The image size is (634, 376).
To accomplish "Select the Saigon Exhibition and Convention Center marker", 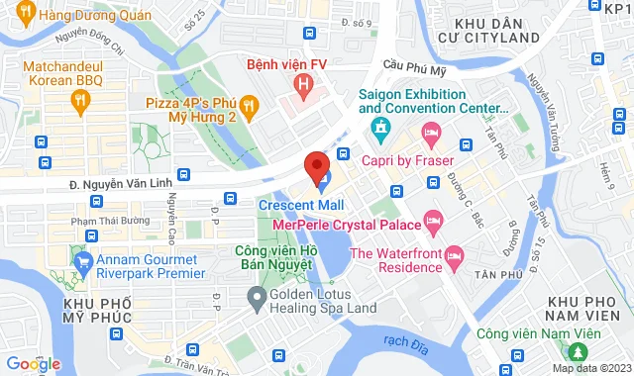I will [x=380, y=128].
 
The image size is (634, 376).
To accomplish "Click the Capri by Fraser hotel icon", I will [x=431, y=132].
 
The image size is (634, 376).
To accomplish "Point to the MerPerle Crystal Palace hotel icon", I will [x=433, y=220].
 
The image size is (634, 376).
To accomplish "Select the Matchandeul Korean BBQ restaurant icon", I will [x=80, y=99].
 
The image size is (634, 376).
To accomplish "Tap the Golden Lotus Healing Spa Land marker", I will [x=257, y=295].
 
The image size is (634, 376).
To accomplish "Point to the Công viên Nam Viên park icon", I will [x=577, y=352].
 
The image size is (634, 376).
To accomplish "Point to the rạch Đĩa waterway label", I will [x=400, y=342].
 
